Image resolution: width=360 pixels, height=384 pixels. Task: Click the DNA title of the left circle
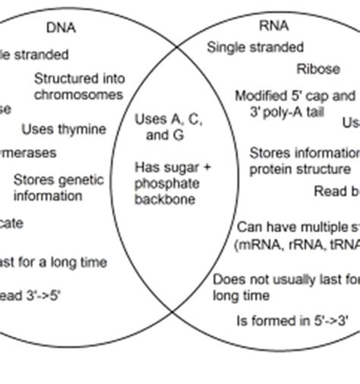[62, 28]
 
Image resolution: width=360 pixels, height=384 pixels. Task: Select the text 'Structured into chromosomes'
[78, 87]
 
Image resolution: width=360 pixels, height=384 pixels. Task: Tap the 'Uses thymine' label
[63, 129]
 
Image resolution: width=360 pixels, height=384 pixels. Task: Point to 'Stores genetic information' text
[58, 188]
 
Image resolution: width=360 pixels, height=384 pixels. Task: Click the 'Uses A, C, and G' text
[168, 128]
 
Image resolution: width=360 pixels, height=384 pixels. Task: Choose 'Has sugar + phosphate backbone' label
[173, 183]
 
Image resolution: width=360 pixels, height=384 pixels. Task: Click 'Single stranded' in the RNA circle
[255, 48]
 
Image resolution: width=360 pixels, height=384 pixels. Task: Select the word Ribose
[318, 69]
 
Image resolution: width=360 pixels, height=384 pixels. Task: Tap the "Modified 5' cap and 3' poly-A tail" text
[295, 103]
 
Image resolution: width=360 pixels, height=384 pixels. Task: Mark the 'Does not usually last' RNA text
[286, 279]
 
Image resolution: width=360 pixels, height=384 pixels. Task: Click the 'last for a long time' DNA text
[53, 262]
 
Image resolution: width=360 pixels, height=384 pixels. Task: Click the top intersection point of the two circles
[179, 46]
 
